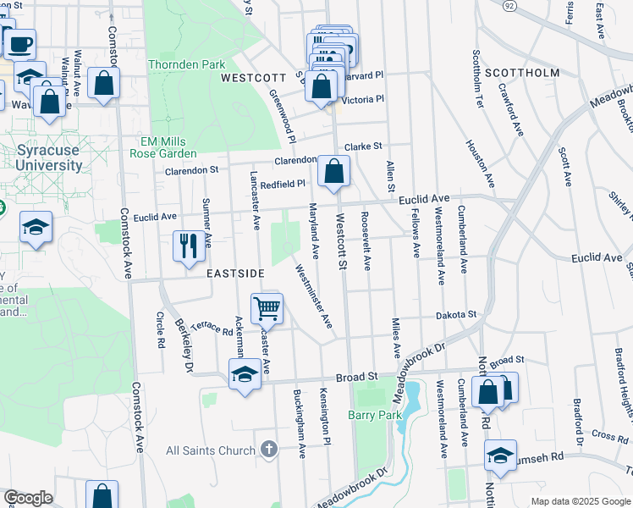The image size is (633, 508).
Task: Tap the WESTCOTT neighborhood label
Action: coord(250,77)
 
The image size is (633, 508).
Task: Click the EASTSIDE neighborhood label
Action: coord(235,273)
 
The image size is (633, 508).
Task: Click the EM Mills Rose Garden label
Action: coord(163,148)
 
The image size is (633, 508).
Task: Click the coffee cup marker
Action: coord(20,42)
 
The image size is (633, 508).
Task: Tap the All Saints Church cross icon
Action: coord(269,449)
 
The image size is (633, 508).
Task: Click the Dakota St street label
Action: coord(456,314)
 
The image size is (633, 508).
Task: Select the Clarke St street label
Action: coord(363,146)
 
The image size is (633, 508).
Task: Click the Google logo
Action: coord(28,498)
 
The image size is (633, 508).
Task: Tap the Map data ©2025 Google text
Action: coord(581,501)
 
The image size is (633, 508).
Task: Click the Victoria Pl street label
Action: coord(362,99)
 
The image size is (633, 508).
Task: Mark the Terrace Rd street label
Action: coord(211,328)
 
